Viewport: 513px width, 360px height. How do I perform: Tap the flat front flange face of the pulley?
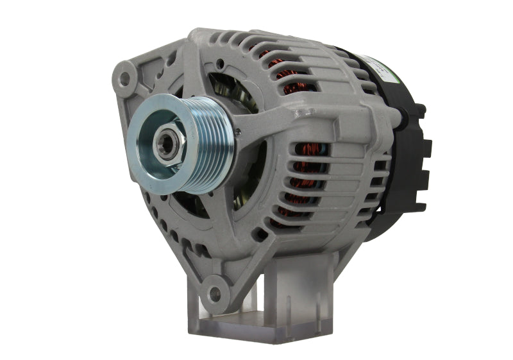[154, 160]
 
